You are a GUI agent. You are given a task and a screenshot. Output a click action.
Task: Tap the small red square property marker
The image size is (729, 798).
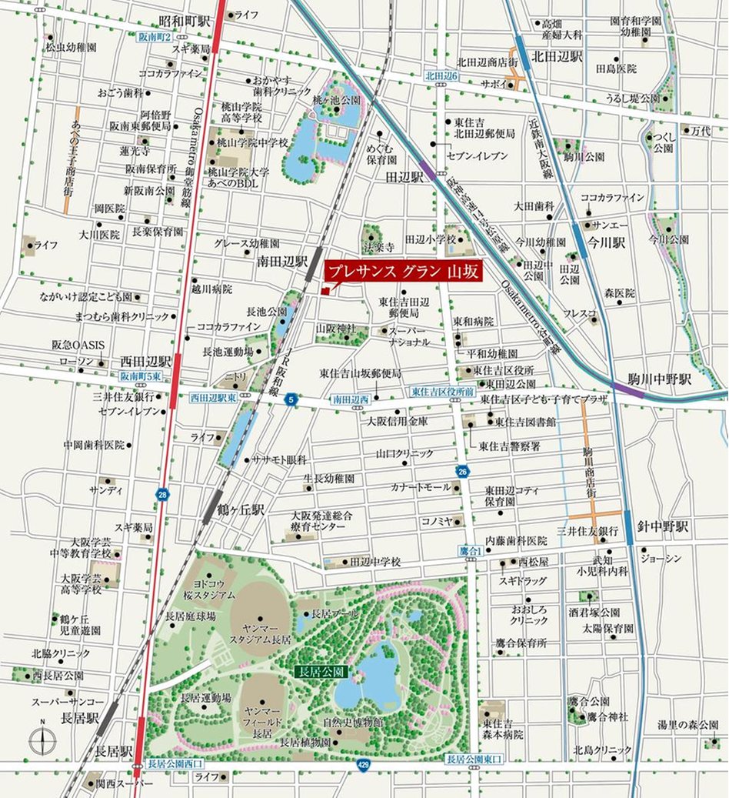[x=326, y=291]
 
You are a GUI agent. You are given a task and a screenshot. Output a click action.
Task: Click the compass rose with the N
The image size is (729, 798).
[x=42, y=742]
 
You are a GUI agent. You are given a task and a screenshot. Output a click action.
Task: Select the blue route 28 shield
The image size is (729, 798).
[x=161, y=495]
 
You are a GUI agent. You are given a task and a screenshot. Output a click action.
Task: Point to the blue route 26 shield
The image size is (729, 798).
[x=462, y=471]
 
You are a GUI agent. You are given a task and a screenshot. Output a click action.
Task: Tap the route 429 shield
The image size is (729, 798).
[x=363, y=764]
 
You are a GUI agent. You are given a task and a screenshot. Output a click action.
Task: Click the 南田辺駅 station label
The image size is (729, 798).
[x=282, y=262]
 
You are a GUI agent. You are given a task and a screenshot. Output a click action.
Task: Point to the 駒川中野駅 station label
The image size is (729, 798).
[x=663, y=379]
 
